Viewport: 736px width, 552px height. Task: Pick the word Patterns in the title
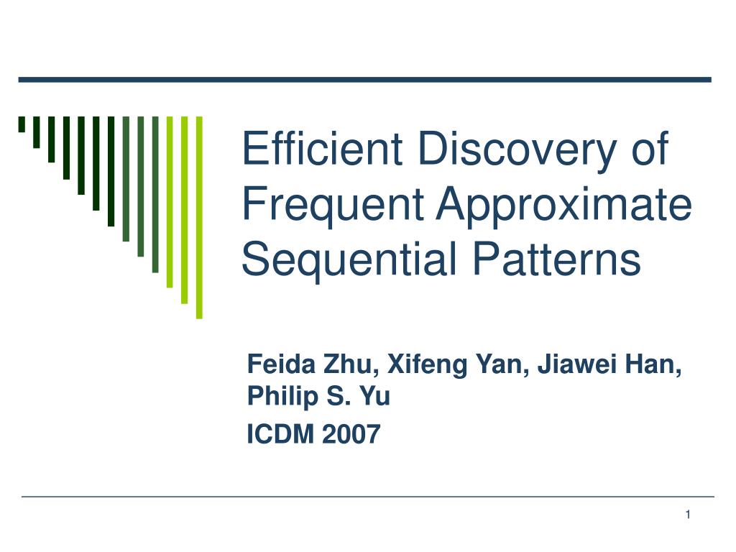[556, 258]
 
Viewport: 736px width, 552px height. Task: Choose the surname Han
[654, 364]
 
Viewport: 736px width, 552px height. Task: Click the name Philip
[282, 397]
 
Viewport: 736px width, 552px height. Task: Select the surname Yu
[374, 396]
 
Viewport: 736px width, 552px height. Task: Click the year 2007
[351, 434]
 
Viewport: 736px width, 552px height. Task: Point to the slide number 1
[688, 515]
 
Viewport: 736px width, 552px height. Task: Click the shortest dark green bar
[22, 124]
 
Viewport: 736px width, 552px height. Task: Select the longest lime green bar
[199, 217]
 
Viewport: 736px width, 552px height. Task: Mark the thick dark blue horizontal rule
[364, 80]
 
